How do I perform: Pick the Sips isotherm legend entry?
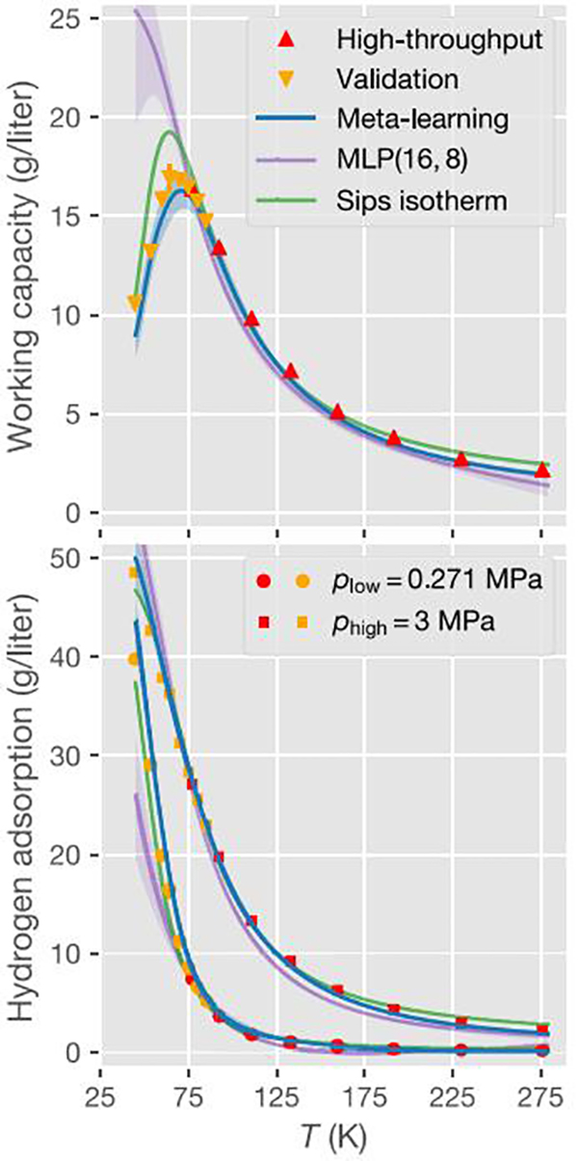(411, 199)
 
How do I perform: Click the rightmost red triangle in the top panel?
(542, 469)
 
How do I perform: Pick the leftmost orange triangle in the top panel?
(135, 303)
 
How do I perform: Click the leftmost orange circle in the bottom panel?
(135, 659)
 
